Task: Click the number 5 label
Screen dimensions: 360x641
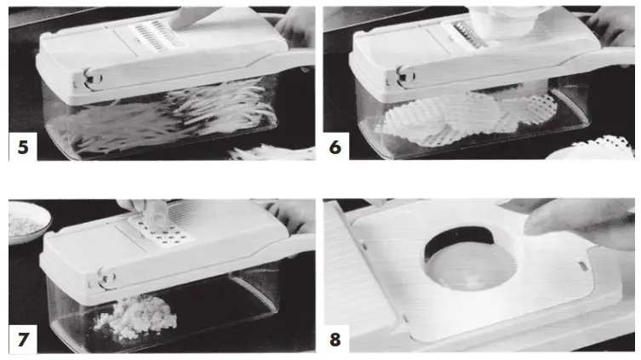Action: tap(22, 147)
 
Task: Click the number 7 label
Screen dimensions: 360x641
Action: tap(22, 340)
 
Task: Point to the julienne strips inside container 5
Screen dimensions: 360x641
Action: tap(170, 119)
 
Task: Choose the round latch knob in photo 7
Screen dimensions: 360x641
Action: tap(106, 276)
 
